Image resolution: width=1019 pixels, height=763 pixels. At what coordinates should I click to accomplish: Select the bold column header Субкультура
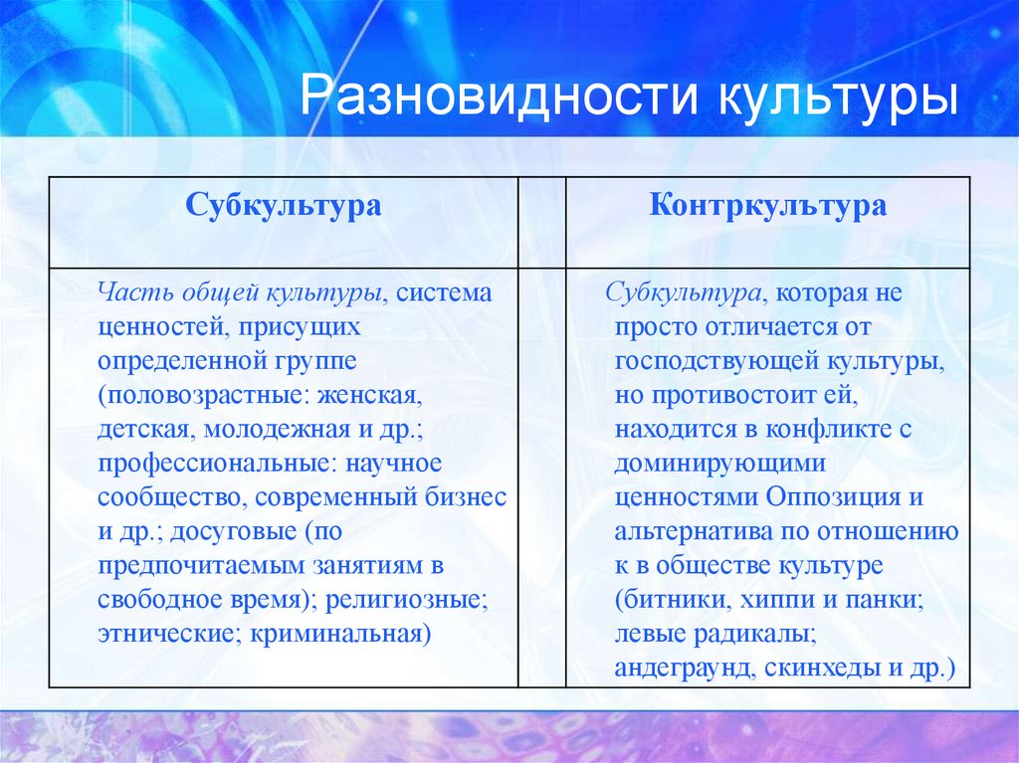click(x=283, y=206)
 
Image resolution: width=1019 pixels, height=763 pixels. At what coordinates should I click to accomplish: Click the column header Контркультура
click(x=767, y=206)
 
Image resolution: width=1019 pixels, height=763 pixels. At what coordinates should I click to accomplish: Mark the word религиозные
click(x=423, y=599)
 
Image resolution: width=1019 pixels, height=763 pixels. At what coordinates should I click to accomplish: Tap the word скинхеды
click(x=817, y=667)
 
